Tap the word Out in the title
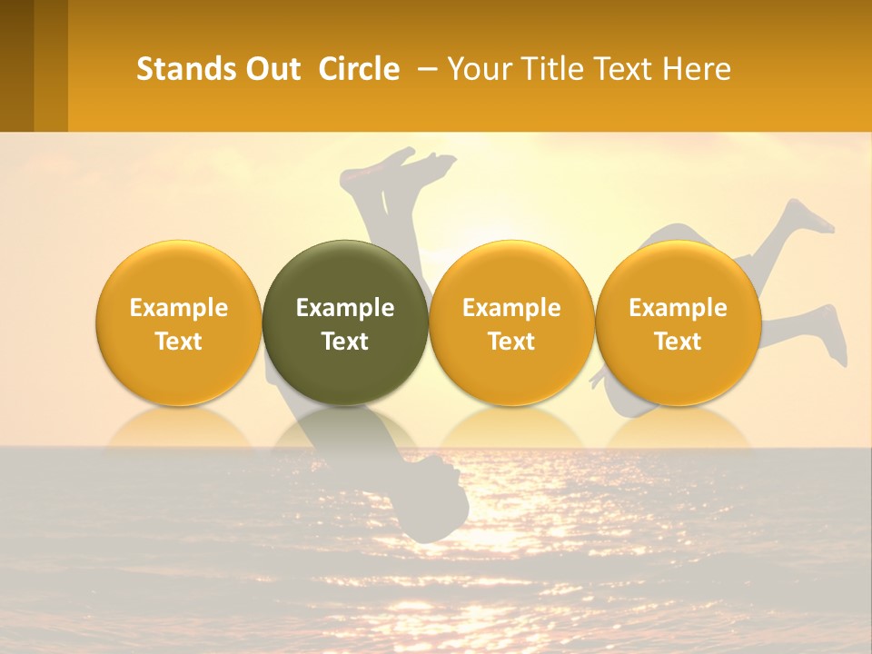(272, 69)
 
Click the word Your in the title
(478, 69)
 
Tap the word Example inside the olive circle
(345, 308)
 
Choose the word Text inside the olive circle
(345, 342)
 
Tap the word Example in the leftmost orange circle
(179, 308)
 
